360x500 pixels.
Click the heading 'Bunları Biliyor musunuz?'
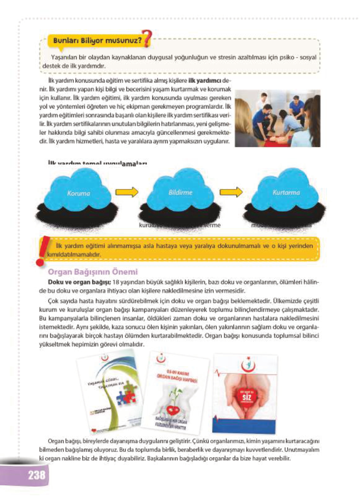(97, 41)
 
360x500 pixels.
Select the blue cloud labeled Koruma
(78, 192)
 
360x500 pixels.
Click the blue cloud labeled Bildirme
(180, 192)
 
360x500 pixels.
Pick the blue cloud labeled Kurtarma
(286, 192)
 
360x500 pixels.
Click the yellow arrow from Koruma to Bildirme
(127, 192)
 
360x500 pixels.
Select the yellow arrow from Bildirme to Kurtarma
(231, 192)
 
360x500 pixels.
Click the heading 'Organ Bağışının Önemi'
(93, 272)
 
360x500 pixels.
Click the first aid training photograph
(277, 118)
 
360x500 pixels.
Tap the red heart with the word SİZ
(246, 396)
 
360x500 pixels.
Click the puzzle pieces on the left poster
(125, 397)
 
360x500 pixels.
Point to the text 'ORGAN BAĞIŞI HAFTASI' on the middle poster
(177, 378)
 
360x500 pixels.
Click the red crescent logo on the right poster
(248, 365)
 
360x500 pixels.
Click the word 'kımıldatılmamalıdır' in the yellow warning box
(74, 255)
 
